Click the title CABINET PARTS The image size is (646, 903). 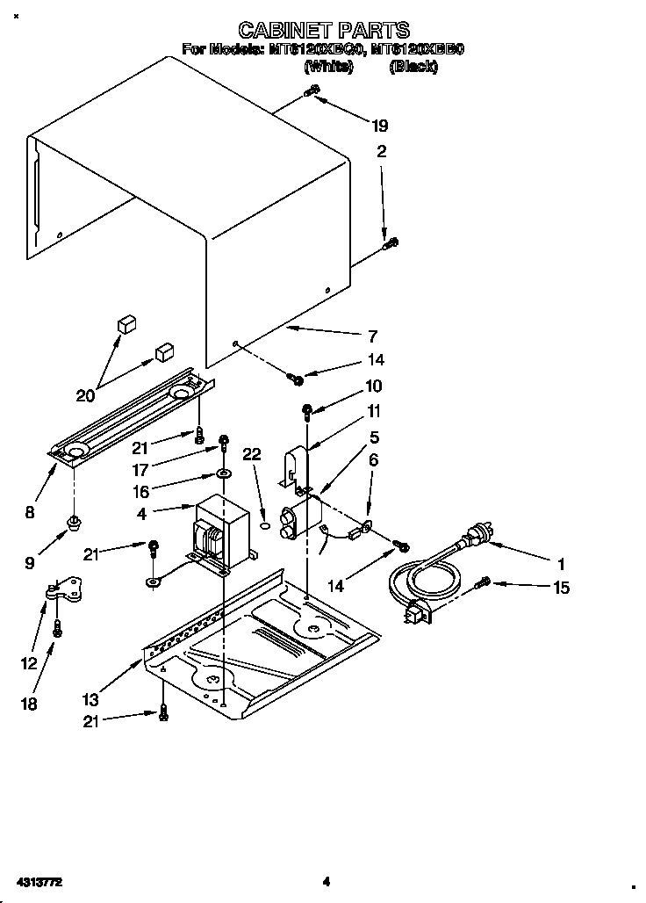point(324,32)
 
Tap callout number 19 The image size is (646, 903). point(380,126)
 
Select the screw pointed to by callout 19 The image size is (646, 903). point(310,92)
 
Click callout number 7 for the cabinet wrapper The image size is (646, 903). point(372,336)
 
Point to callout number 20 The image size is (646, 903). point(85,395)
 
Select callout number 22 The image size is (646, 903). point(252,454)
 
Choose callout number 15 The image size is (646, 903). point(560,588)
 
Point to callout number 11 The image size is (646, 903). point(374,410)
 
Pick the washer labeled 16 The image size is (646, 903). point(223,474)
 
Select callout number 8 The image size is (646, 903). point(30,513)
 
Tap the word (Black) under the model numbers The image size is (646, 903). point(413,66)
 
